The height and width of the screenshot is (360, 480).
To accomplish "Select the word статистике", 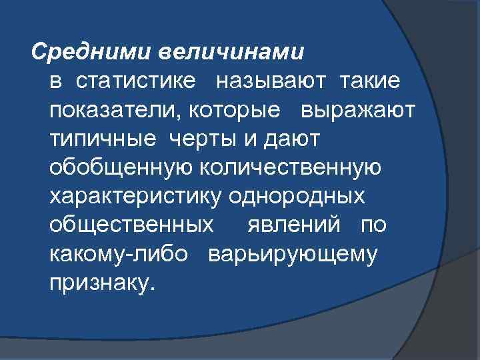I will click(x=137, y=81).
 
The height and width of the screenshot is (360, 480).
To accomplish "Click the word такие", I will click(x=371, y=81).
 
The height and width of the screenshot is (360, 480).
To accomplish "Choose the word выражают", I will click(x=359, y=109).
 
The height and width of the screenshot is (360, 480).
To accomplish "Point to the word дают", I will click(x=294, y=138).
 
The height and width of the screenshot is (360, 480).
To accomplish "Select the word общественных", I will click(x=132, y=224).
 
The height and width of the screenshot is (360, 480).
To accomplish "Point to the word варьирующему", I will click(x=293, y=253).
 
